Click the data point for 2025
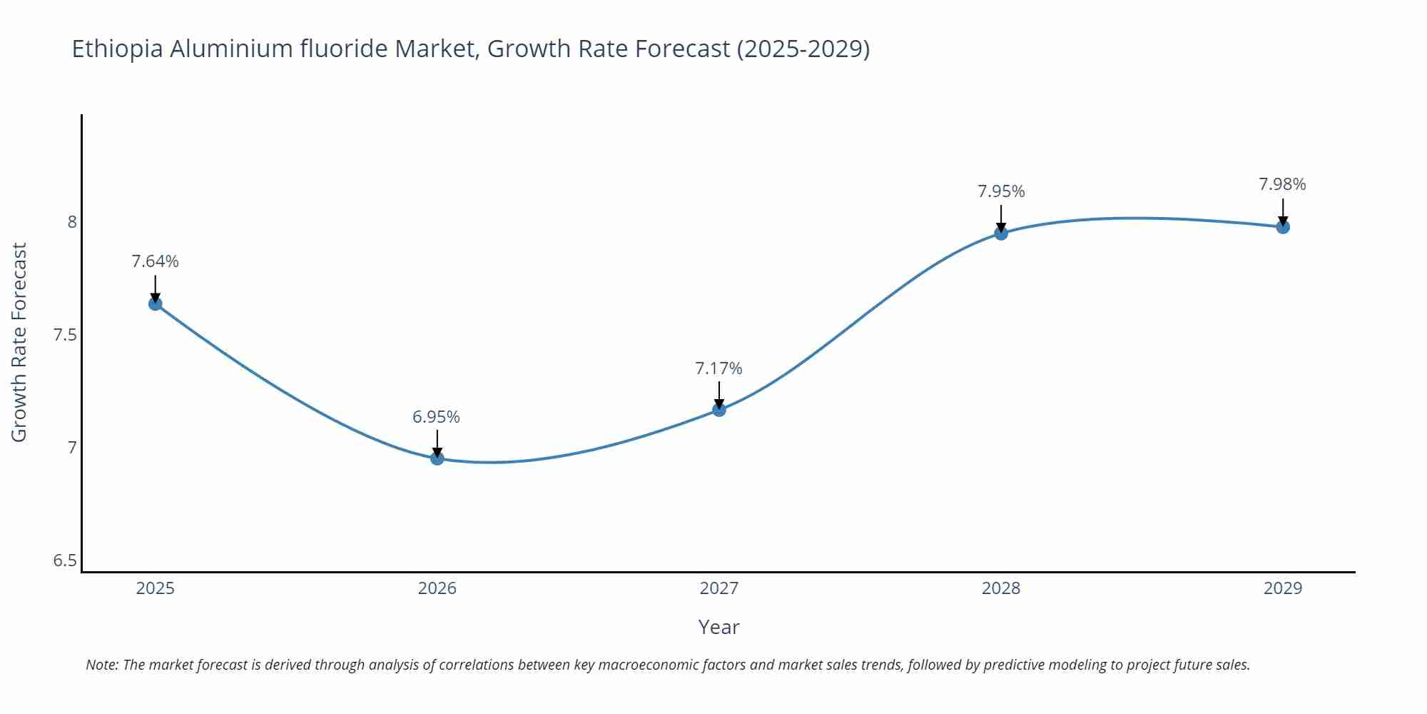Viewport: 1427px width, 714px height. tap(155, 303)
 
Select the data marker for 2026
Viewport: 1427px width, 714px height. tap(437, 458)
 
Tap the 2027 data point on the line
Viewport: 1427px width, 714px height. tap(719, 409)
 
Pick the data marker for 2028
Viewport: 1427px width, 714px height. tap(1001, 233)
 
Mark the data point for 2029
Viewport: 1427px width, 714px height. tap(1283, 227)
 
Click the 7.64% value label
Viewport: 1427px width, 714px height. tap(155, 261)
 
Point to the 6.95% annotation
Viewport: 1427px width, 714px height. tap(436, 417)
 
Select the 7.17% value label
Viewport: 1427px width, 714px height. tap(718, 368)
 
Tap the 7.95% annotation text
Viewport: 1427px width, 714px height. tap(1001, 191)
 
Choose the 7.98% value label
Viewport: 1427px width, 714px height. tap(1282, 184)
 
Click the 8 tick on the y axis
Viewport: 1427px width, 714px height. tap(72, 222)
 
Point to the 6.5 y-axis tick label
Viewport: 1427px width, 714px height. tap(65, 560)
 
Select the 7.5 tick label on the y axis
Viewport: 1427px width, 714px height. tap(65, 335)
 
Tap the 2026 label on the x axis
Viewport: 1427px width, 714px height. tap(437, 588)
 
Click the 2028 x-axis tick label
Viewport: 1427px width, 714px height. tap(1001, 588)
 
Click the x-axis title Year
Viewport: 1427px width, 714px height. tap(718, 627)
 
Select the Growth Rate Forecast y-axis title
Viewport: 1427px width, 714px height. tap(19, 342)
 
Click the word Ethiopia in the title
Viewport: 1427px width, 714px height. tap(118, 49)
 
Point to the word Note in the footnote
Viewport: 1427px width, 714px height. tap(101, 665)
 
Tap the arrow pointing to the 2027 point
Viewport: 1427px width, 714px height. tap(719, 394)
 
